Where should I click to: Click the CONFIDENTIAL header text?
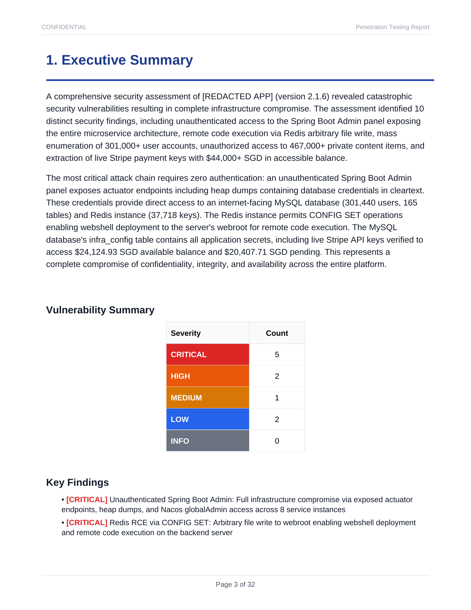(x=64, y=27)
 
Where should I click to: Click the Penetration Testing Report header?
(x=392, y=27)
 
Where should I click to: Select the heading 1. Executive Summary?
(x=119, y=60)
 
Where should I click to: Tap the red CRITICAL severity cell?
(x=207, y=354)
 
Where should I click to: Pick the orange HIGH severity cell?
(x=207, y=376)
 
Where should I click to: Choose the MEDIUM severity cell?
(x=207, y=397)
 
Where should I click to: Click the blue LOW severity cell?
(x=207, y=419)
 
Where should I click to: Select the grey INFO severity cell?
(x=207, y=441)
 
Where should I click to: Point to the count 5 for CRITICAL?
(x=277, y=354)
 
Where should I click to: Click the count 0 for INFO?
(x=277, y=441)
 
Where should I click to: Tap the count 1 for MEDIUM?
(x=277, y=397)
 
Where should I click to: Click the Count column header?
(x=277, y=333)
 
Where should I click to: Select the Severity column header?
(x=186, y=333)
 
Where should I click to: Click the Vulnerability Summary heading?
(x=100, y=310)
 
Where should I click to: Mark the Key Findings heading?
(x=77, y=482)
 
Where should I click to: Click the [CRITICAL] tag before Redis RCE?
(x=87, y=523)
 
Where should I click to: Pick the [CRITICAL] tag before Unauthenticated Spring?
(x=87, y=499)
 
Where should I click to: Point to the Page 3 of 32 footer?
(x=235, y=584)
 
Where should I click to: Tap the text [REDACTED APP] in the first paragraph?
(x=237, y=96)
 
